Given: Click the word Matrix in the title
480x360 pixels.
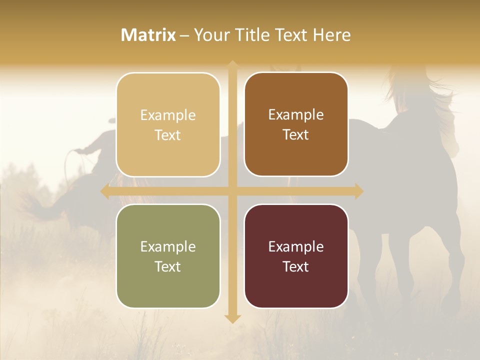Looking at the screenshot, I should (x=148, y=35).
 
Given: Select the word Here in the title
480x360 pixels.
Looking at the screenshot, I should (x=332, y=35).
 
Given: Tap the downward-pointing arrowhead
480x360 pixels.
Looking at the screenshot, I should (x=232, y=318).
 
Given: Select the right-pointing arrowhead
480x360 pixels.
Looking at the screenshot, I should (x=358, y=191).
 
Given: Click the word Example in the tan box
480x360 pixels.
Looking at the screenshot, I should (x=168, y=115).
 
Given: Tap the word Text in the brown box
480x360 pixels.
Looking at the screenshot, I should (x=296, y=134).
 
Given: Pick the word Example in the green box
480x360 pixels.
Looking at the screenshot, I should (x=168, y=246).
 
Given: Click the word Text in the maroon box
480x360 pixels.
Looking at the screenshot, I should (x=296, y=266).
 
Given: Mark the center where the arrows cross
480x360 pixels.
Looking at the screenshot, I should (x=232, y=191).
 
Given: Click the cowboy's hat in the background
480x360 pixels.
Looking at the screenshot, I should (x=111, y=120).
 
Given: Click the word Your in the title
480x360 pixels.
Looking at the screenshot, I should (x=208, y=35).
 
